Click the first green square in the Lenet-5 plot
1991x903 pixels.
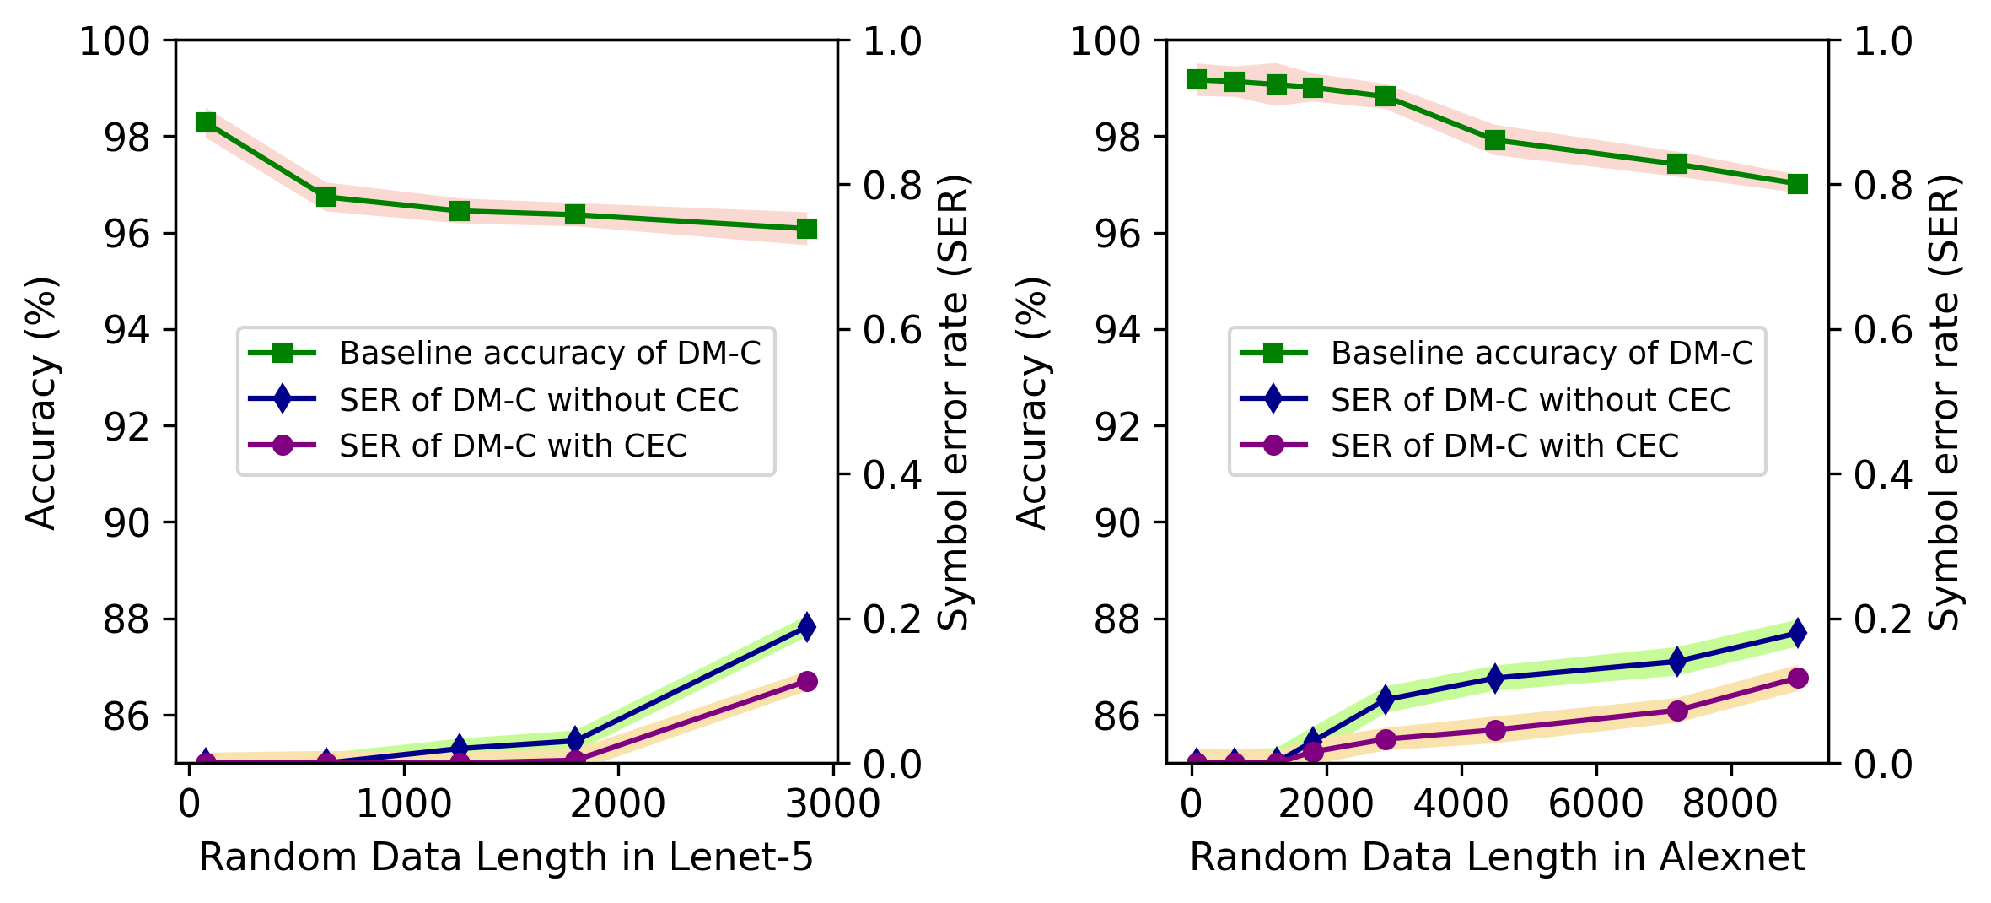(x=206, y=123)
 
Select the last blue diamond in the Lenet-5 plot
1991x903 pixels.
(x=806, y=626)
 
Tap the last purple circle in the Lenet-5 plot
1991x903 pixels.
(x=806, y=681)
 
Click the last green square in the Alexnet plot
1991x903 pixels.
(x=1797, y=184)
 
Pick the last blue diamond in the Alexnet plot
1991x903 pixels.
(x=1797, y=632)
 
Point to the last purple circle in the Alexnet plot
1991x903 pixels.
(x=1797, y=678)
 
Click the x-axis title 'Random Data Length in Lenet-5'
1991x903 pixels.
(x=506, y=857)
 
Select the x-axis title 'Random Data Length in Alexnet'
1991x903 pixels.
(x=1497, y=857)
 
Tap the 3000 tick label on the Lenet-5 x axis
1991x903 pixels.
(x=832, y=804)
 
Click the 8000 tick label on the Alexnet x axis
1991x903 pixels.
(x=1730, y=804)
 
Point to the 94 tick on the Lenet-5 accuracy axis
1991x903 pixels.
(x=126, y=330)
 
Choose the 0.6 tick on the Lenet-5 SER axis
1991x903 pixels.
(x=892, y=330)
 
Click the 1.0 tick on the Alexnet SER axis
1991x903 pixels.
(x=1883, y=41)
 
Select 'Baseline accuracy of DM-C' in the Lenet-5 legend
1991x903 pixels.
(x=550, y=353)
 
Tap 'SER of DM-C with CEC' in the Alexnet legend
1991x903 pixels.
(x=1504, y=446)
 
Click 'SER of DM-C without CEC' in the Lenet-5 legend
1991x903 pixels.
(x=539, y=400)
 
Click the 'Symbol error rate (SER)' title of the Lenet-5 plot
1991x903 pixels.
(x=954, y=403)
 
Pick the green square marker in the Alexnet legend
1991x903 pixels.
(x=1273, y=353)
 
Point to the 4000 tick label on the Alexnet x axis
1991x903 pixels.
(x=1461, y=804)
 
